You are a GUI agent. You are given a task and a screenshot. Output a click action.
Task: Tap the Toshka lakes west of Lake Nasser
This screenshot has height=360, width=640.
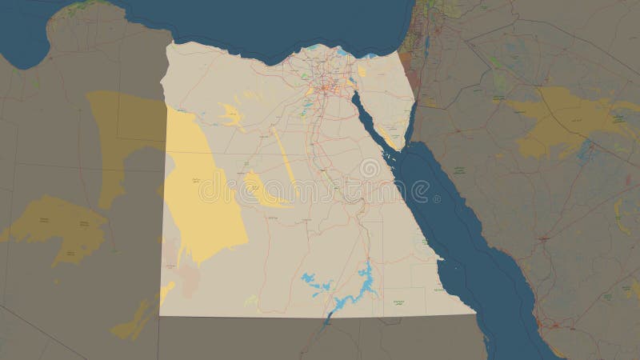pyautogui.click(x=312, y=280)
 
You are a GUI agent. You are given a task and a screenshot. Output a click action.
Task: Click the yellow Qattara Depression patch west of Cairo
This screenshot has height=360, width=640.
pyautogui.click(x=232, y=116)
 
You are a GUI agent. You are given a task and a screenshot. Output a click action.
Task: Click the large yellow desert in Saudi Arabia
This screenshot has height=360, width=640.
pyautogui.click(x=560, y=120)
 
